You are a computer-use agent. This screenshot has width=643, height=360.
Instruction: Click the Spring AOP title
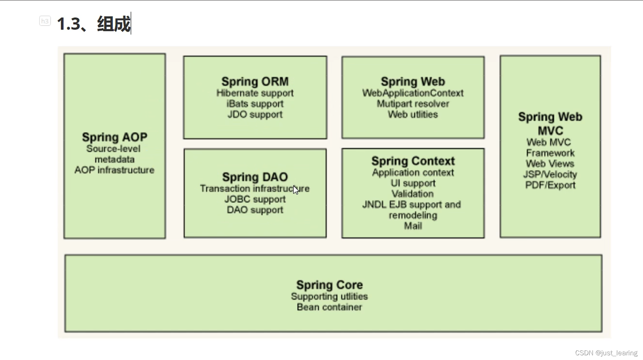coord(115,137)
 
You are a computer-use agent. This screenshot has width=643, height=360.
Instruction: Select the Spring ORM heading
coord(255,82)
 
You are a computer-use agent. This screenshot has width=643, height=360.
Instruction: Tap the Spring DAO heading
coord(255,177)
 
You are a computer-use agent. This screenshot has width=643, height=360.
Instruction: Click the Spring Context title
coord(413,161)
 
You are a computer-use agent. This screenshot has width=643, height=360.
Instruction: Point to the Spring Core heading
coord(329,285)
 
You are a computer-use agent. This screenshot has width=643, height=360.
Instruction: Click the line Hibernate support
coord(255,93)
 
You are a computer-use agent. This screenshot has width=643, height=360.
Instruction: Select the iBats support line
coord(255,104)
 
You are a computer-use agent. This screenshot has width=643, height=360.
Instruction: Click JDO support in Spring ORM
coord(255,115)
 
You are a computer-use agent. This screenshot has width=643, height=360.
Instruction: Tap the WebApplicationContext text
coord(413,93)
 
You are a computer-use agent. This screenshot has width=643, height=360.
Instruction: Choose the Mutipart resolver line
coord(413,104)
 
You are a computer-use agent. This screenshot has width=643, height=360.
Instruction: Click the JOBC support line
coord(255,199)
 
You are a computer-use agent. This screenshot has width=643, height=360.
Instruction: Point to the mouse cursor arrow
coord(296,190)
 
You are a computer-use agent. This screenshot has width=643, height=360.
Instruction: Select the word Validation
coord(413,194)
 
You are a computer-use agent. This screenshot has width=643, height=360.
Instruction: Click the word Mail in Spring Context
coord(413,226)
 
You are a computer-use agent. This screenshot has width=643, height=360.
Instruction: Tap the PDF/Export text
coord(550,185)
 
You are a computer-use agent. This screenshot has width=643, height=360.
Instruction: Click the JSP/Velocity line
coord(550,174)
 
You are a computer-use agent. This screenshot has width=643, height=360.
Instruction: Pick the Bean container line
coord(329,307)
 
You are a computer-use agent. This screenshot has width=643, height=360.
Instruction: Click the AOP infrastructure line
coord(114,170)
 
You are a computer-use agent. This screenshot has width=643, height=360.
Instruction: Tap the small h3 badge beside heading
coord(45,21)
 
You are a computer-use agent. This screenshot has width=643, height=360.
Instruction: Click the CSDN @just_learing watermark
coord(606,353)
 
